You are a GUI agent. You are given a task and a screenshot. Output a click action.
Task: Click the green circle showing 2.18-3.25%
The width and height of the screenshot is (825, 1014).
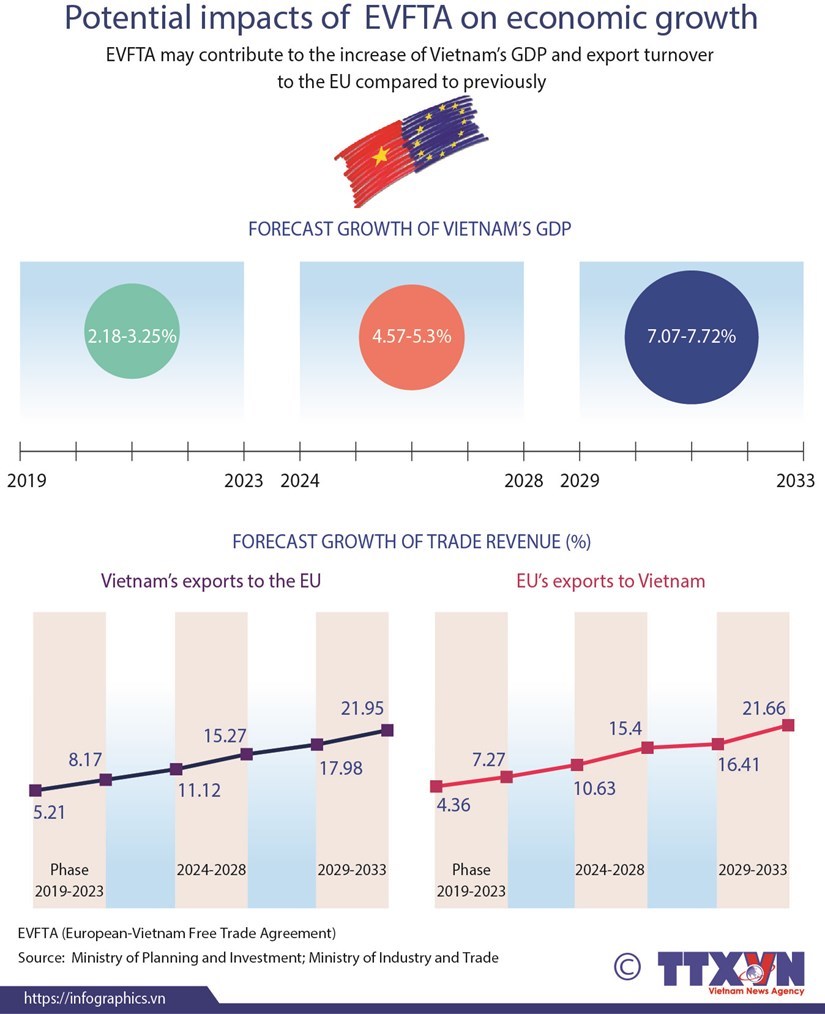click(x=131, y=336)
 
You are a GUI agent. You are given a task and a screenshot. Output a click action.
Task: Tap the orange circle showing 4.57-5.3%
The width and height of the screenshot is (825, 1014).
click(x=405, y=336)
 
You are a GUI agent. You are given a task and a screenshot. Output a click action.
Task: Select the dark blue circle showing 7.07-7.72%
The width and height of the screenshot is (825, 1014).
click(x=680, y=336)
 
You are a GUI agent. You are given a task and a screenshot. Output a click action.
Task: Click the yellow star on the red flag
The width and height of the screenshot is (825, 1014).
click(x=380, y=155)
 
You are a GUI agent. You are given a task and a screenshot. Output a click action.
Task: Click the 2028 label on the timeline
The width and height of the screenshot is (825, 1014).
click(x=523, y=481)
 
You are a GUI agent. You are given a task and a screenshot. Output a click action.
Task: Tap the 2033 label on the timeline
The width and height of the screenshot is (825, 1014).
click(x=796, y=481)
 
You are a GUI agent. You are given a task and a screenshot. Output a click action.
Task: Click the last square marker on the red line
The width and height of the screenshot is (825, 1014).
click(x=788, y=725)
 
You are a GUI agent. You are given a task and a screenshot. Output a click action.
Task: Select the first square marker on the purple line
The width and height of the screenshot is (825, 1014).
click(x=36, y=790)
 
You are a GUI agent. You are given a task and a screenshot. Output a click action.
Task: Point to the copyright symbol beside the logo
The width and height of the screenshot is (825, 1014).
click(x=627, y=967)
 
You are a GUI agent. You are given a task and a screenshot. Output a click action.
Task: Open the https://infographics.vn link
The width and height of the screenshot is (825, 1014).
click(x=94, y=998)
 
